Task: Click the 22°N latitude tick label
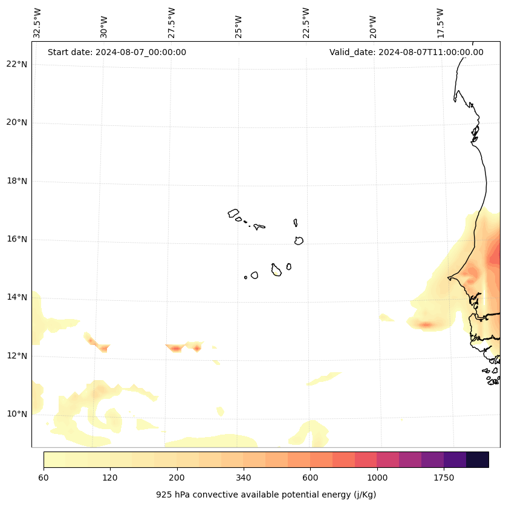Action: click(18, 65)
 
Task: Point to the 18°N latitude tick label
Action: click(18, 181)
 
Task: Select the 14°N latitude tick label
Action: click(18, 297)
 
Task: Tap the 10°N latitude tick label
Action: click(18, 414)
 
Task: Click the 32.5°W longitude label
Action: click(37, 23)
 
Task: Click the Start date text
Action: click(117, 52)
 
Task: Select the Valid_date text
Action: click(406, 52)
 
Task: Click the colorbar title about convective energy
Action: click(266, 494)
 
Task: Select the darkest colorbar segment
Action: click(478, 459)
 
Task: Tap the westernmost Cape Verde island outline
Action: click(233, 213)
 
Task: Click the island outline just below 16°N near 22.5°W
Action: click(299, 240)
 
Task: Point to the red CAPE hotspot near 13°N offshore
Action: click(426, 325)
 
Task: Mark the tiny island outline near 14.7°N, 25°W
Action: click(245, 277)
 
